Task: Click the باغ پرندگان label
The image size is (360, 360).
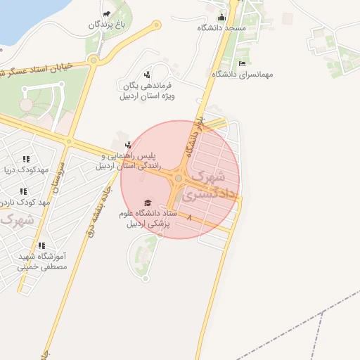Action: click(x=111, y=25)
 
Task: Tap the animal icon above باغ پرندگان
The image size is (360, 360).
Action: click(x=106, y=13)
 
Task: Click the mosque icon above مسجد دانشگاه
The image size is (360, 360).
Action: click(x=222, y=18)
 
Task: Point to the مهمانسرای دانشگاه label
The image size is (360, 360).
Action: click(x=256, y=73)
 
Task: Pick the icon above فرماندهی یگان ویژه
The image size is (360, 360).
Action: click(x=147, y=75)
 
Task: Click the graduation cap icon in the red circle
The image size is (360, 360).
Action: click(x=147, y=202)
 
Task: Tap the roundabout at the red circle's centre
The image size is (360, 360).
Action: click(x=179, y=179)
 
